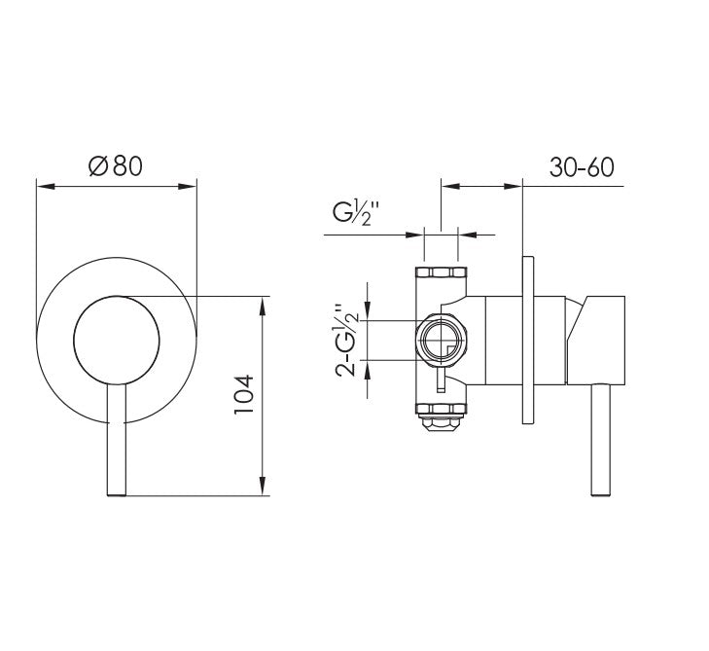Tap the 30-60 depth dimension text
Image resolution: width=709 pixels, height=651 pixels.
pyautogui.click(x=581, y=166)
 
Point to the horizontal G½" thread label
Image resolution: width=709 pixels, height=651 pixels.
pyautogui.click(x=357, y=212)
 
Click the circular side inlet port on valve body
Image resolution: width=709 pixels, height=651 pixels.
pyautogui.click(x=443, y=341)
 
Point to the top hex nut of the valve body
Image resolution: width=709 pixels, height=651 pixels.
pyautogui.click(x=441, y=272)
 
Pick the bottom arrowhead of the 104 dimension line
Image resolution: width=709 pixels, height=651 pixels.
pyautogui.click(x=263, y=488)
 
